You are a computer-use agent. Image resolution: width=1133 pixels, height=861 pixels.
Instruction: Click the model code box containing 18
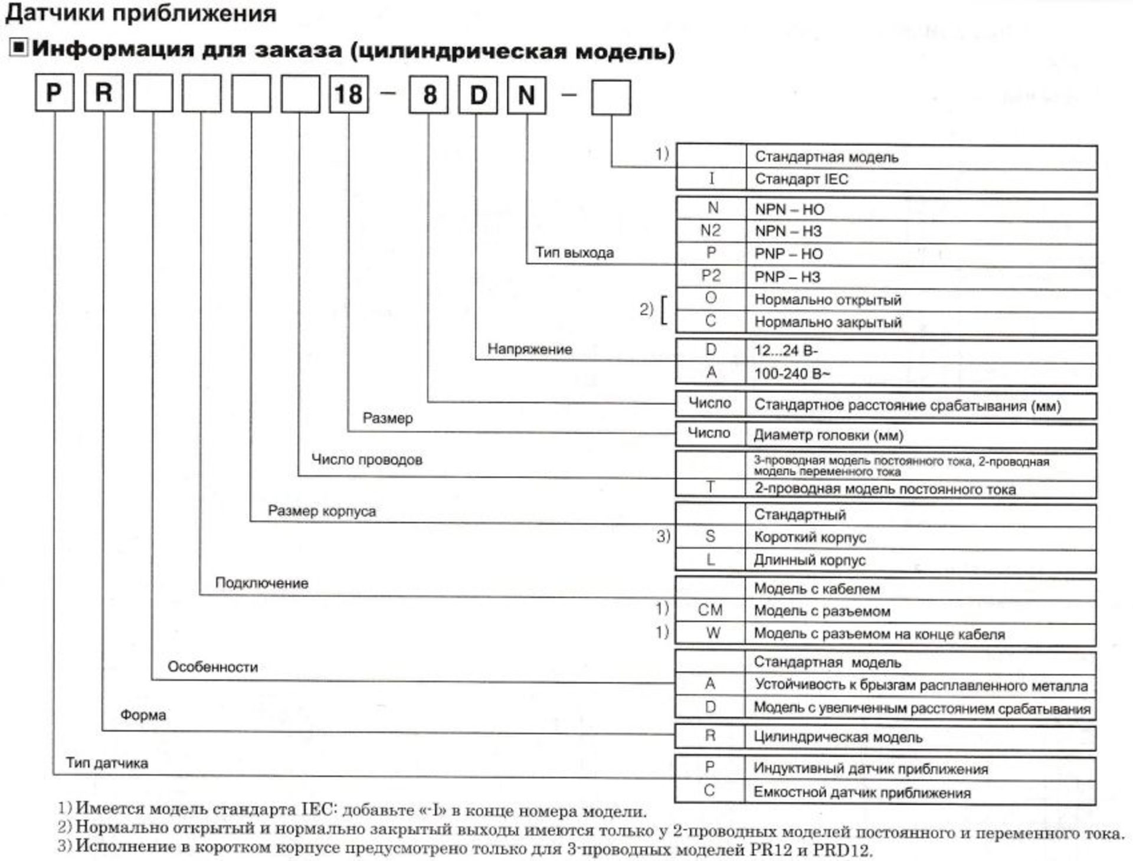[348, 94]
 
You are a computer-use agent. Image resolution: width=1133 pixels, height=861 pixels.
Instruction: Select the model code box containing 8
[429, 95]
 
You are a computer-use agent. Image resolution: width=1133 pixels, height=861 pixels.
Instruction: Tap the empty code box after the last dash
[611, 98]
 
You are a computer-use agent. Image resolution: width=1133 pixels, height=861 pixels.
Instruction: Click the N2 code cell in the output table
[710, 231]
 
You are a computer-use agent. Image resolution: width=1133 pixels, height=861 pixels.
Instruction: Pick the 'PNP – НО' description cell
[921, 254]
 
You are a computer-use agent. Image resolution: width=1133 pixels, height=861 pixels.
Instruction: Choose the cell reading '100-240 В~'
[921, 374]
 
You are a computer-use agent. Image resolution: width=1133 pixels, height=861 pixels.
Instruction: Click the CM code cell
[710, 610]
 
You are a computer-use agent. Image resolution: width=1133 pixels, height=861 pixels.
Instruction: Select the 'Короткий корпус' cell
[921, 537]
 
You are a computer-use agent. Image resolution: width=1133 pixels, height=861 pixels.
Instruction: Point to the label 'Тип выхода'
[574, 253]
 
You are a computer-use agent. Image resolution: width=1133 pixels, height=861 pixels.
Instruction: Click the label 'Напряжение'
[529, 349]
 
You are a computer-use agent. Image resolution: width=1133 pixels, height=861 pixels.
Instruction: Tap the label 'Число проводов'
[366, 459]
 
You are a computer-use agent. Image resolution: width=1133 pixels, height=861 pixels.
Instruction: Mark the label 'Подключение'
[261, 583]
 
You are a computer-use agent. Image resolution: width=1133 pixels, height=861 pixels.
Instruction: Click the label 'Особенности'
[212, 667]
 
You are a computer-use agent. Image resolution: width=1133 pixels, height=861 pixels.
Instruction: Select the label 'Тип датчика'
[107, 762]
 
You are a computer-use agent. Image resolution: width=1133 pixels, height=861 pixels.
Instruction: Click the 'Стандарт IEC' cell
[921, 179]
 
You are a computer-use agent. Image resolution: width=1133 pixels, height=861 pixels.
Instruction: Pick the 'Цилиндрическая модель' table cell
[921, 737]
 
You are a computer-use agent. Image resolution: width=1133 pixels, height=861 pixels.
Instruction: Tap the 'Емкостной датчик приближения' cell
[921, 792]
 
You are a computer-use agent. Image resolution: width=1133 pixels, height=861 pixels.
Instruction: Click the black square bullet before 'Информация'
[18, 48]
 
